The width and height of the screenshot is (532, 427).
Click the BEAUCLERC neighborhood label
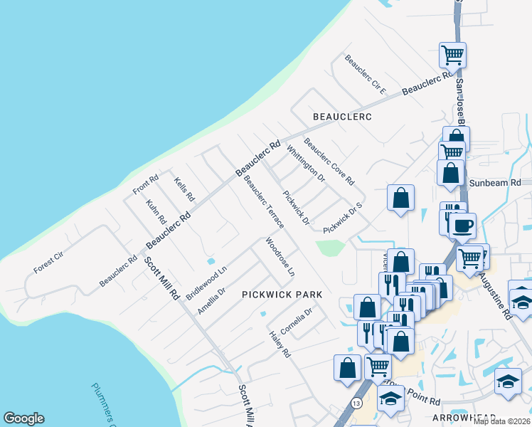click(343, 115)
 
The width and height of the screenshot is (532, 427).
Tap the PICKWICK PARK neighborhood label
click(282, 294)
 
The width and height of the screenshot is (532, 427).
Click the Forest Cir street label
click(48, 261)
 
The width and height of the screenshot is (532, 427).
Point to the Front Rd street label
click(144, 184)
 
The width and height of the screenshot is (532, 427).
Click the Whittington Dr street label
click(306, 163)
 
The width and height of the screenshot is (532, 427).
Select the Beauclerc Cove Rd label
click(329, 161)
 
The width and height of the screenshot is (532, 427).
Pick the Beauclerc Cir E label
click(365, 75)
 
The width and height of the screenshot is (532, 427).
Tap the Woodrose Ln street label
click(280, 257)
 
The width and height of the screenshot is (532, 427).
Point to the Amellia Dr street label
click(211, 301)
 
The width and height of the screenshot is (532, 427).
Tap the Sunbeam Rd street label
click(494, 183)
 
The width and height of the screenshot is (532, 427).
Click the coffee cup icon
click(462, 226)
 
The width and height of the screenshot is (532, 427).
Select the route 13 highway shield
click(356, 404)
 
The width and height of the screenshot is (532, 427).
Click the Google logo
click(24, 418)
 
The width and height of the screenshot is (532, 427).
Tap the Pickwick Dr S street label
click(343, 218)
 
